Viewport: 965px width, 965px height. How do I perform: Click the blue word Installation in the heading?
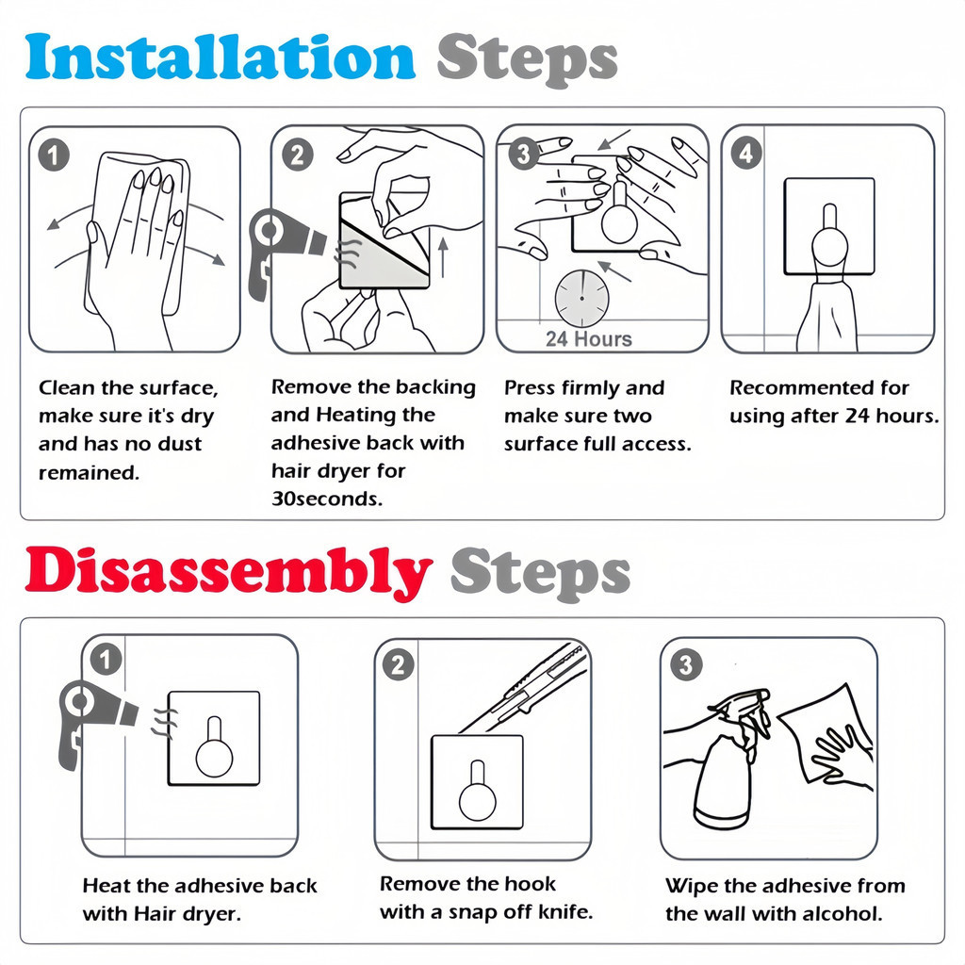(221, 57)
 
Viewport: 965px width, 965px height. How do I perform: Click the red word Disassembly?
(228, 571)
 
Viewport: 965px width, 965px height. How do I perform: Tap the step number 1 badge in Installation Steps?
(54, 155)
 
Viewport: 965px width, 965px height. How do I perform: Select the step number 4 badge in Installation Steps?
(746, 154)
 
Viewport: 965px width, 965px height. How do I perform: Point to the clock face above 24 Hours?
(581, 299)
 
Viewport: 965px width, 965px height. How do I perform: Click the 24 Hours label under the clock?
(588, 339)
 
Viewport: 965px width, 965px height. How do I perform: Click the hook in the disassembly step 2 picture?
(477, 791)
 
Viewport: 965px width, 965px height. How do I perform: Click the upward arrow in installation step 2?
(443, 258)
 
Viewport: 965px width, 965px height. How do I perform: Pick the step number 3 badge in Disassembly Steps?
(686, 664)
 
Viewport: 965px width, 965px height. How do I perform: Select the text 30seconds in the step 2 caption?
(327, 499)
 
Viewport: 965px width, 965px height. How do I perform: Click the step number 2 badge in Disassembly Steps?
(399, 664)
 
